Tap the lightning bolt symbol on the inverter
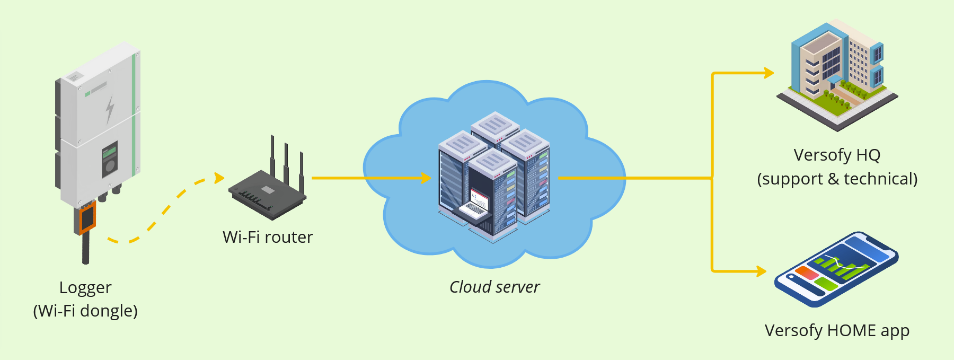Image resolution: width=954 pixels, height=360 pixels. coord(110,109)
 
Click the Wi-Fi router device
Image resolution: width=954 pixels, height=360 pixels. coord(268,194)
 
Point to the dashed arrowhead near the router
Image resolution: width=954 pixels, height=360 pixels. coord(219,178)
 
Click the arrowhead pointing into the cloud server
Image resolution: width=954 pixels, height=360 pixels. coord(426,178)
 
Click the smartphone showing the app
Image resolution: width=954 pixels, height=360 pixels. coord(836,269)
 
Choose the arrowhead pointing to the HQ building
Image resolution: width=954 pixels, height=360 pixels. coord(769,73)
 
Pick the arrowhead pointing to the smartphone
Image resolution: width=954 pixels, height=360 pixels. coord(762,271)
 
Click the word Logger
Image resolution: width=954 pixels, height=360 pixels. coord(85,287)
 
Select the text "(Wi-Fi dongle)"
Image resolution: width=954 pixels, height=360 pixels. coord(85,311)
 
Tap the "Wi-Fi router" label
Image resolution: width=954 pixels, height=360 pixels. coord(268,237)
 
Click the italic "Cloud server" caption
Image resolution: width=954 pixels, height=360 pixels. coord(494,287)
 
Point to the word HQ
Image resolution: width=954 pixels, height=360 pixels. coord(868,155)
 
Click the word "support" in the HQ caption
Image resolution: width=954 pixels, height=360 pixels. coord(790,179)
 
